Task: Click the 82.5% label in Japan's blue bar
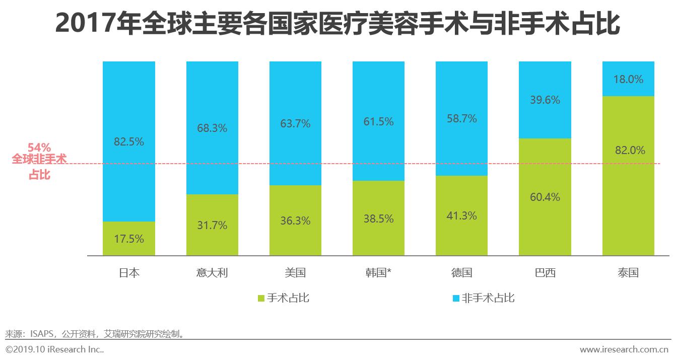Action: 128,142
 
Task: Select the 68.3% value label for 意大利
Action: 212,128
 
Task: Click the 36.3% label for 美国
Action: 295,221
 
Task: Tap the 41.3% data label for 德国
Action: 461,215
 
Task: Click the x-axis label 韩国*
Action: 378,273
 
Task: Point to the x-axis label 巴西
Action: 545,273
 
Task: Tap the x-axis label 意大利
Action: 212,273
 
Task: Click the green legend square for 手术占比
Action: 260,299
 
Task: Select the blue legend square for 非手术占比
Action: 456,299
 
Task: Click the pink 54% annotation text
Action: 39,148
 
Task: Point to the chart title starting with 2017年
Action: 336,24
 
